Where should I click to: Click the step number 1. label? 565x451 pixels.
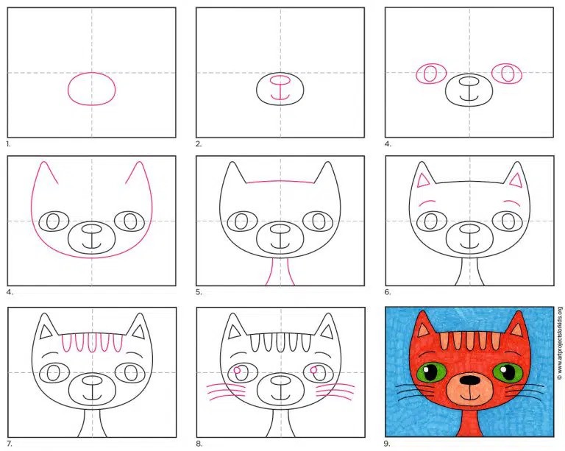pos(9,144)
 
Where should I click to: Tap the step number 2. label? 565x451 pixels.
pos(198,144)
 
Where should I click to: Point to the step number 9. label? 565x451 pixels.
pos(388,444)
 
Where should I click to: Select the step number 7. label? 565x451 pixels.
pos(10,444)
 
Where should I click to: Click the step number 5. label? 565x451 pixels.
pos(199,292)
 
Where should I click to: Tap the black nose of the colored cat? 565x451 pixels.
pos(470,390)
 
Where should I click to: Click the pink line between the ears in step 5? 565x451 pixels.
pos(280,181)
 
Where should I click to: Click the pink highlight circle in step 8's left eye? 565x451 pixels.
pos(237,370)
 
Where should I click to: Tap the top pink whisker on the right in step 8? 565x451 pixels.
pos(335,386)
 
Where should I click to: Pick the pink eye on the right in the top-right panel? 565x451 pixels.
pos(507,74)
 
